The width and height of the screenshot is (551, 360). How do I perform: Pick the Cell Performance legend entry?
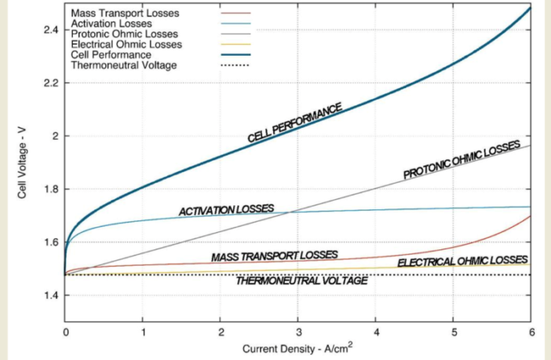[111, 55]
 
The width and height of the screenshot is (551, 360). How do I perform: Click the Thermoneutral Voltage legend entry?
[123, 65]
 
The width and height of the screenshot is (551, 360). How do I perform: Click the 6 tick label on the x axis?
[531, 332]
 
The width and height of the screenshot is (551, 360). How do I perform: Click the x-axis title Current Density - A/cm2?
[297, 347]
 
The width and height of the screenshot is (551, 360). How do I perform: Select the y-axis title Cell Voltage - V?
[24, 165]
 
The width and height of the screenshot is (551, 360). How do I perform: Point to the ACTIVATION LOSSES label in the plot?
[226, 210]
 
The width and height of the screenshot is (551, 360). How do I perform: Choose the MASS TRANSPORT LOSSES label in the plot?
[274, 256]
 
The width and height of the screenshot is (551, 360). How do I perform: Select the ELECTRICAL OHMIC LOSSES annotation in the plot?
[462, 261]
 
